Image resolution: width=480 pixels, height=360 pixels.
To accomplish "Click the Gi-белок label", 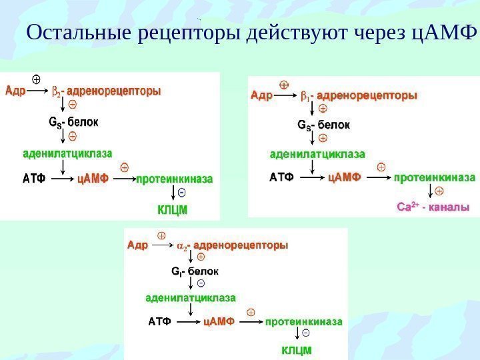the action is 195,271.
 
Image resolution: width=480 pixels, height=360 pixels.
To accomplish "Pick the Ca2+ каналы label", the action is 433,207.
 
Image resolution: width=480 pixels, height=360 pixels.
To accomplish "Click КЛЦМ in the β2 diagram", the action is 173,209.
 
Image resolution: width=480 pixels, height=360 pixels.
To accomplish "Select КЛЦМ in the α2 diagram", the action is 296,349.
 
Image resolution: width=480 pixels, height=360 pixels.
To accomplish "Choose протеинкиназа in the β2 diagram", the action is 175,179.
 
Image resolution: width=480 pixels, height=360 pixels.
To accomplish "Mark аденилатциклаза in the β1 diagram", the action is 317,154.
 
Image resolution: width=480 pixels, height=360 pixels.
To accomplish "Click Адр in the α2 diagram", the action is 137,245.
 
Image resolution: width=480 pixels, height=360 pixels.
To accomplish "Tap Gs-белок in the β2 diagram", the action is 73,122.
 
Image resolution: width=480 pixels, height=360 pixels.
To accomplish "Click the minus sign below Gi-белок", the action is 201,283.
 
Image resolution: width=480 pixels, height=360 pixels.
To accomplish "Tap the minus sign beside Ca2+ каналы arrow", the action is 439,191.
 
